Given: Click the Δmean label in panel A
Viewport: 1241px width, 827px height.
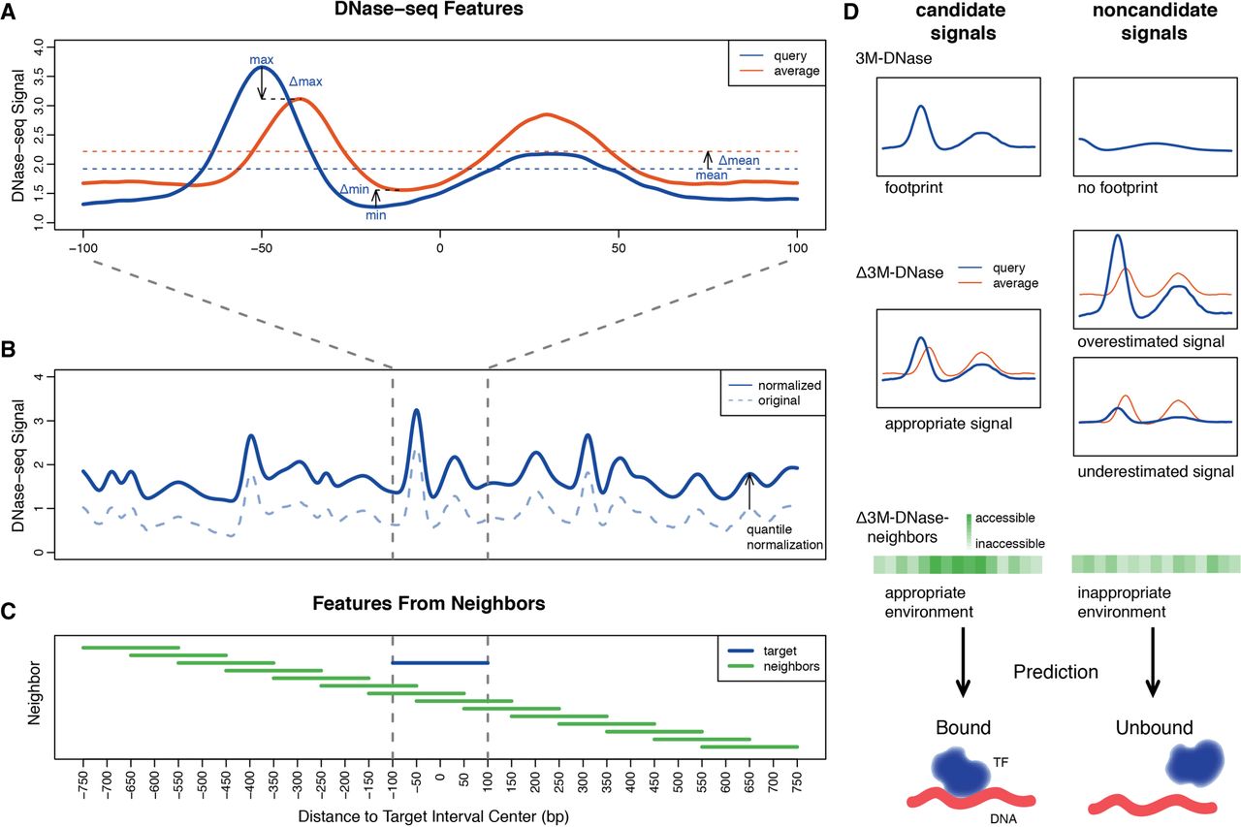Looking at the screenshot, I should (738, 159).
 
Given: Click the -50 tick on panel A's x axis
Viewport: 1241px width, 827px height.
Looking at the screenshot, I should (262, 250).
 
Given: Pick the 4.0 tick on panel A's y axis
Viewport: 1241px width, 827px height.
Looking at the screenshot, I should (39, 46).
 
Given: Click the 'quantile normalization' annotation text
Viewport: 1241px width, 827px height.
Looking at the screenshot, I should (784, 536).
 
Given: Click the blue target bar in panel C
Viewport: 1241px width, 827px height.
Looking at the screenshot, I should (440, 662).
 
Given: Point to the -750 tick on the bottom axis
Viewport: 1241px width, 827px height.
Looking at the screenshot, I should (83, 782).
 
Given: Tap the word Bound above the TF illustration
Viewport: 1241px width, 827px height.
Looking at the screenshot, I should (963, 727).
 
